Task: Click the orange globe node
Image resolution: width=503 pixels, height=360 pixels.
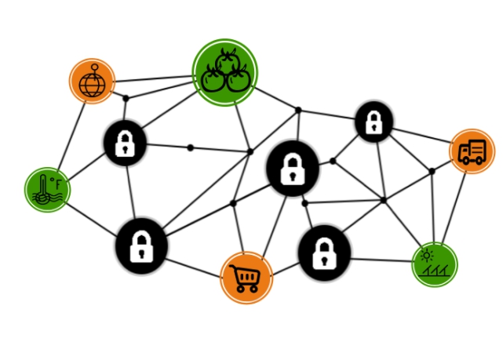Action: pos(92,81)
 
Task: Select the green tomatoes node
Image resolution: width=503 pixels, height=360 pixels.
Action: pos(225,71)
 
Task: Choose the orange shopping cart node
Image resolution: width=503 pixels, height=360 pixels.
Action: pos(246,278)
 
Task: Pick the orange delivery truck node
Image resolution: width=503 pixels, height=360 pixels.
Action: pos(472,151)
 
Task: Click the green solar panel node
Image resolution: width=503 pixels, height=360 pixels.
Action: pos(435,264)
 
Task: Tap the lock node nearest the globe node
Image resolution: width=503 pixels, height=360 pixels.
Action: pos(126,143)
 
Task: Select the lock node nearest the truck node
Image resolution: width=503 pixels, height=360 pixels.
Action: pos(374,122)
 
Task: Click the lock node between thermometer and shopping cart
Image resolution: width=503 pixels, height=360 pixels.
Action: pos(141,245)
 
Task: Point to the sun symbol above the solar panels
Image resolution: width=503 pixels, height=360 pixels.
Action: pos(427,254)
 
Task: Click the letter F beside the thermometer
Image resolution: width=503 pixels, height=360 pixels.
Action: pos(57,184)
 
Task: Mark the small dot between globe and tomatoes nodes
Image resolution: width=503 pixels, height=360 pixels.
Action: pos(126,98)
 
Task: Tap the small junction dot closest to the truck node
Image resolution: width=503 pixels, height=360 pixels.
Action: pos(432,171)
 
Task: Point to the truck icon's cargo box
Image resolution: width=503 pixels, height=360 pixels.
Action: pos(468,148)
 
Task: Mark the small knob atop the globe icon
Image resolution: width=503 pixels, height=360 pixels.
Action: pos(93,67)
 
